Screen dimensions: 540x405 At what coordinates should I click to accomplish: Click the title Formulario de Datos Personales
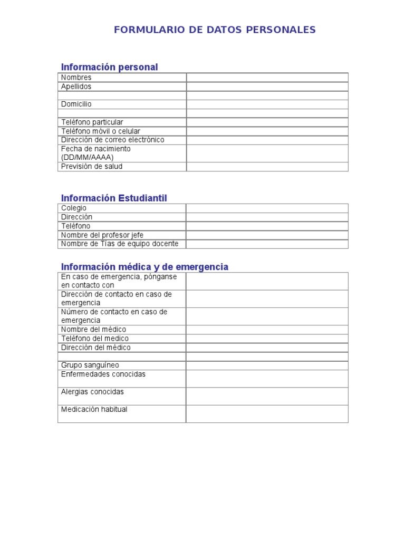(x=215, y=30)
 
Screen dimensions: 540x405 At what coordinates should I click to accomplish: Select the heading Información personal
(x=109, y=67)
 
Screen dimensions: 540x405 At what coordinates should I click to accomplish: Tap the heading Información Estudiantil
(x=114, y=198)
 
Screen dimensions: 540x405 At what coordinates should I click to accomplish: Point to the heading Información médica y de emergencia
(x=144, y=267)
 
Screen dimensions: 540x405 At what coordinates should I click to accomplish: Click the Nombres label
(x=76, y=78)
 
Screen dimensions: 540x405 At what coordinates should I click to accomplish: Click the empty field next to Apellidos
(x=267, y=86)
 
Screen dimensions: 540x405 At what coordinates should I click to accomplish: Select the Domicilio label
(x=76, y=104)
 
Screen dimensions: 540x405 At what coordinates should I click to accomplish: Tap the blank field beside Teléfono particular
(x=267, y=122)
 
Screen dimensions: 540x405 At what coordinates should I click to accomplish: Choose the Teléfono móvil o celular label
(x=101, y=131)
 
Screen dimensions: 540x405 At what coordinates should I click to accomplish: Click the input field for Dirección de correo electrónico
(x=267, y=140)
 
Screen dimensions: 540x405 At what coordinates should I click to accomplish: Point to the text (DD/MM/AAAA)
(x=87, y=157)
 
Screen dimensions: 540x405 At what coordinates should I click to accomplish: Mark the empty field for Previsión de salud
(x=267, y=167)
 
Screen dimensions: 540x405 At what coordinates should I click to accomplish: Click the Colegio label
(x=74, y=208)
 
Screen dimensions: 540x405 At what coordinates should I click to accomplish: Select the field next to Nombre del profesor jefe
(x=267, y=235)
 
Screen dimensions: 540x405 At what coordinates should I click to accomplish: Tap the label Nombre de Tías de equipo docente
(x=120, y=244)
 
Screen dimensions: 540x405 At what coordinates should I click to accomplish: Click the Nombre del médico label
(x=93, y=330)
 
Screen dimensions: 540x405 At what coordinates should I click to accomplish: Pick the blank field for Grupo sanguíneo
(x=267, y=365)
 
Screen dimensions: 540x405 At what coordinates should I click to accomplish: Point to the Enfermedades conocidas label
(x=103, y=374)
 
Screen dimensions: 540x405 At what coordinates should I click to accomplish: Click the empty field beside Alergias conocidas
(x=267, y=396)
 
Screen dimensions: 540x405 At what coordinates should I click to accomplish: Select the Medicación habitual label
(x=94, y=410)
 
